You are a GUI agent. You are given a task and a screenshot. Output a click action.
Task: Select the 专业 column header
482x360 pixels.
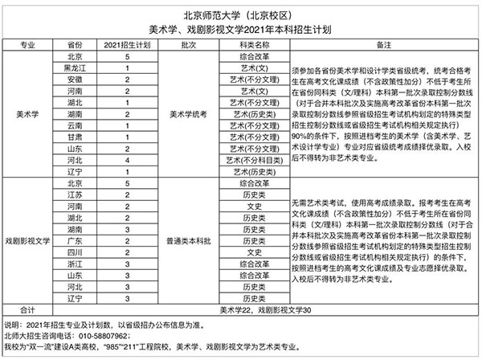tap(27, 46)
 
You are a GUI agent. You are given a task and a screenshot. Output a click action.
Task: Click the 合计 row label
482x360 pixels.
tap(27, 309)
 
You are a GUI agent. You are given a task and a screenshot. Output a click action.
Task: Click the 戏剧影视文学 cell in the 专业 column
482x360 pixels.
tap(27, 241)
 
